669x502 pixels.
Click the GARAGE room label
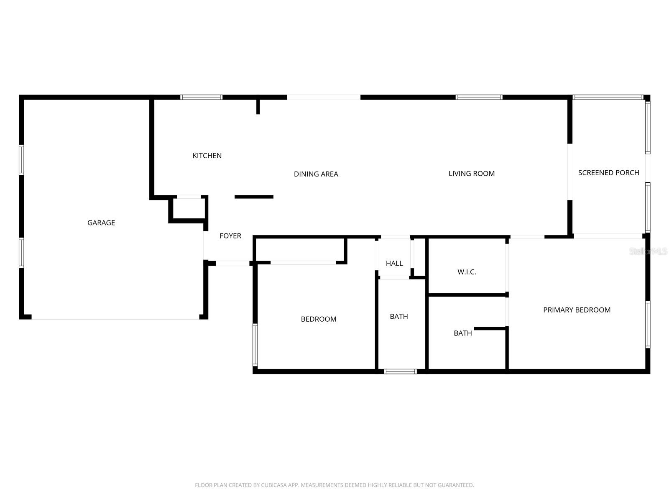[x=101, y=223]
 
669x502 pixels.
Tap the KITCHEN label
[x=207, y=156]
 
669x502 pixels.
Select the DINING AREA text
[x=316, y=174]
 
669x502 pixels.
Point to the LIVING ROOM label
[x=471, y=174]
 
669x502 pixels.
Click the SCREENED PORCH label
[x=608, y=173]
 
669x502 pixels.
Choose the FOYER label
[x=230, y=236]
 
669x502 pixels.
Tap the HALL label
[x=394, y=264]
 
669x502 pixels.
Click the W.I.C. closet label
[x=467, y=272]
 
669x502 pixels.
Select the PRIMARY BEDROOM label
[x=577, y=310]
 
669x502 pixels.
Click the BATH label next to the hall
[x=399, y=317]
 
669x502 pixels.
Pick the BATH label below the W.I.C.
[x=463, y=333]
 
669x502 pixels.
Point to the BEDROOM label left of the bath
[x=319, y=319]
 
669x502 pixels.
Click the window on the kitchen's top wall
[x=201, y=97]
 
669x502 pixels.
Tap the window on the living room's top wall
[x=479, y=97]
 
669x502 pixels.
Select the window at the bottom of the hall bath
[x=400, y=371]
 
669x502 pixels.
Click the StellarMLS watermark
[x=648, y=251]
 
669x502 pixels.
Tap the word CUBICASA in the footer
[x=273, y=485]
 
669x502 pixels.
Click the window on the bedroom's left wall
[x=255, y=345]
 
